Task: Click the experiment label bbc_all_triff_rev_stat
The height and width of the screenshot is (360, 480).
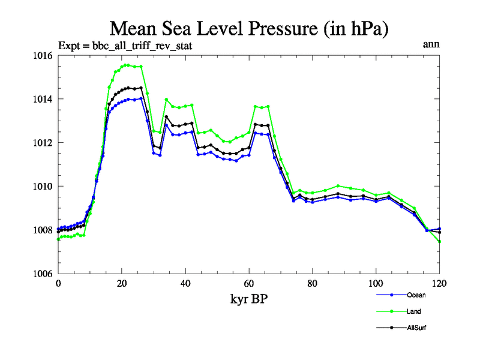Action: (x=125, y=46)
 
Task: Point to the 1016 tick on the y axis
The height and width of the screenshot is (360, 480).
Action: (x=43, y=56)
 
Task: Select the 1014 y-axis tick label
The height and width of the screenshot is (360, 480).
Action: (x=43, y=99)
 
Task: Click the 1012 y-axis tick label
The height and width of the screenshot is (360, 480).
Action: (x=43, y=143)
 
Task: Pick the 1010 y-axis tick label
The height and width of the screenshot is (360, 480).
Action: (x=43, y=186)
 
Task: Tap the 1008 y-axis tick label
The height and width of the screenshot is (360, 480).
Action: (x=43, y=230)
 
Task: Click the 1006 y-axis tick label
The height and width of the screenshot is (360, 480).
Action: (x=43, y=274)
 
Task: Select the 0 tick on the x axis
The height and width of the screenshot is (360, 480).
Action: (x=58, y=283)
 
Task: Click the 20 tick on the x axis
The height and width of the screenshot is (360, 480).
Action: (x=122, y=283)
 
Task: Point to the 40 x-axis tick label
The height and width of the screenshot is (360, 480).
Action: (x=185, y=283)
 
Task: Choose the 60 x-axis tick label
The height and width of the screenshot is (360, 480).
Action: (x=249, y=283)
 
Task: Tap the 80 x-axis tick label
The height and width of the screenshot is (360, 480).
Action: (x=313, y=283)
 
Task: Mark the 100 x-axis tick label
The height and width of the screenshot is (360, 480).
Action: (x=376, y=283)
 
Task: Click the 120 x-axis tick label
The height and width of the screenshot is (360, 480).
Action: (x=440, y=283)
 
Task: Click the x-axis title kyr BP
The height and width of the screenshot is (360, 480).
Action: (x=249, y=299)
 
